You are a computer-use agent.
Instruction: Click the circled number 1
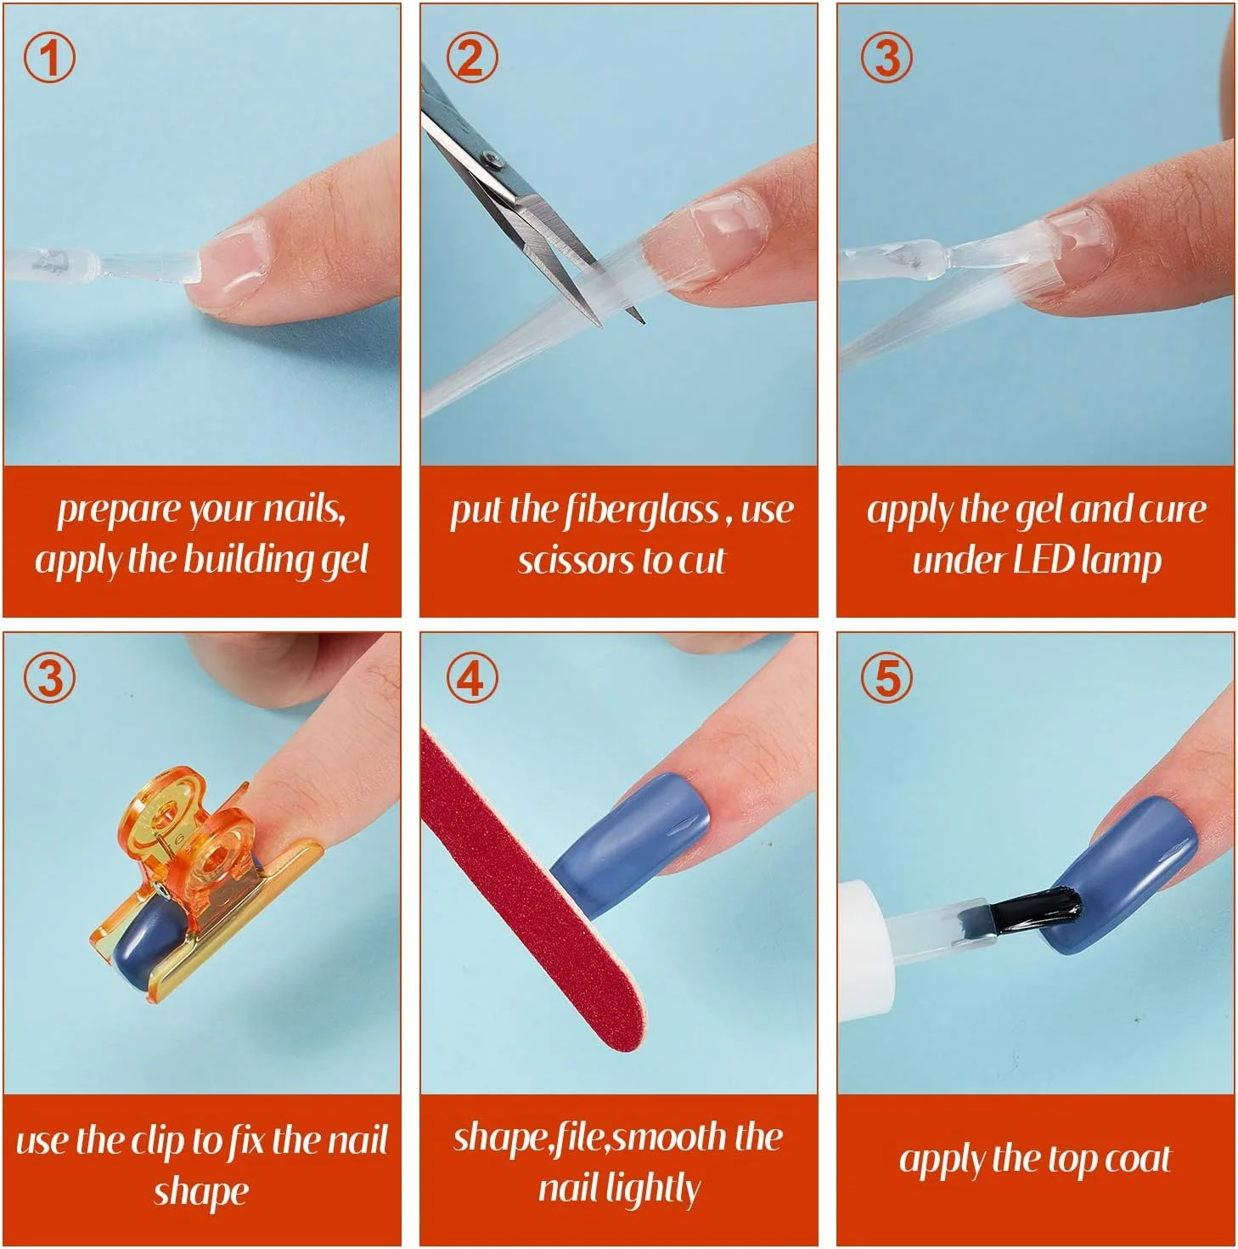coord(49,57)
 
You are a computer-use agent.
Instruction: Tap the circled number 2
coord(472,57)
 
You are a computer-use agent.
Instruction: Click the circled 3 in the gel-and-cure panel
coord(886,57)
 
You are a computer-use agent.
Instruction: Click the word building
coord(248,562)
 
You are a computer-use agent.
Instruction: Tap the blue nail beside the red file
coord(627,843)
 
